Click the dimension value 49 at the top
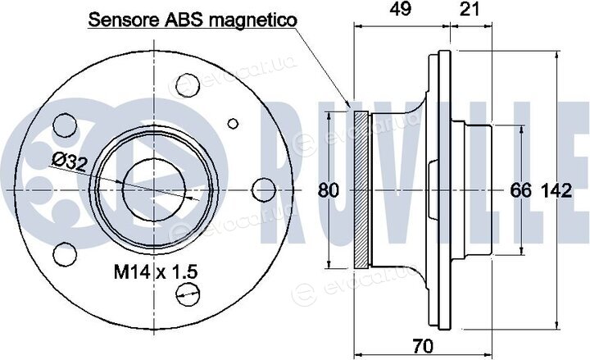pos(400,9)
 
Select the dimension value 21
pos(470,9)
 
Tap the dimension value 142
pos(556,190)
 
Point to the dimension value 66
pos(521,190)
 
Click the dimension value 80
pos(329,190)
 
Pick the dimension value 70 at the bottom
pos(423,346)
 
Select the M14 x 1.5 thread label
pos(156,271)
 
